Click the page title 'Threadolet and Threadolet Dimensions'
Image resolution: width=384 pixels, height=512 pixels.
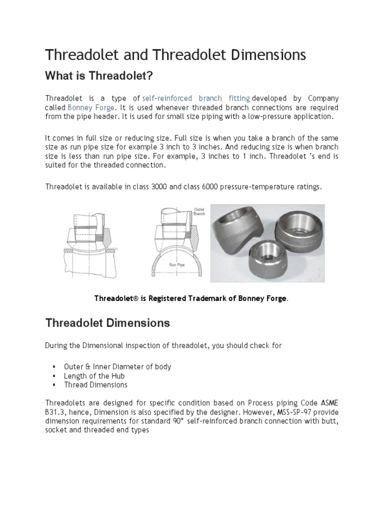point(175,54)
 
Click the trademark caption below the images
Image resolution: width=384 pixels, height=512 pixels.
point(191,298)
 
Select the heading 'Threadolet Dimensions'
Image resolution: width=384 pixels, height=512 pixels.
point(107,323)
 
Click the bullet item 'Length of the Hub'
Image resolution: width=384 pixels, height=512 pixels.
point(94,376)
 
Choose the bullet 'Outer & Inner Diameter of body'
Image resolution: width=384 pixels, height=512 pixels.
point(117,366)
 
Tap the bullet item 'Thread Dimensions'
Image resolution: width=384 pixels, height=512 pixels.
point(95,385)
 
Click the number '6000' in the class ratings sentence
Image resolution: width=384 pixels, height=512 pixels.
point(213,187)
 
